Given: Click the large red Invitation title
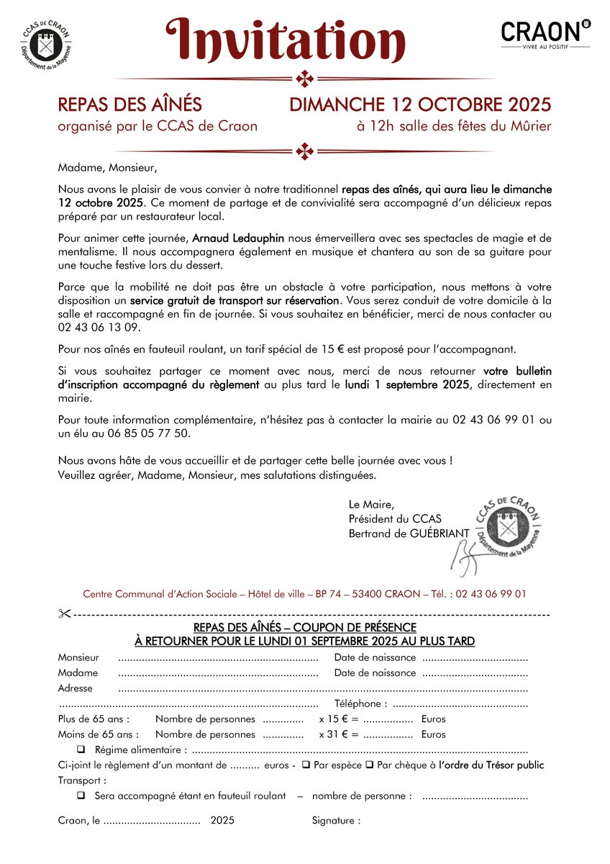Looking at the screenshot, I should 286,40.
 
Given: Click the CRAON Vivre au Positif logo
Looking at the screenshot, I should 545,33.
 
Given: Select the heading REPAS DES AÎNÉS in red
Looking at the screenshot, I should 129,104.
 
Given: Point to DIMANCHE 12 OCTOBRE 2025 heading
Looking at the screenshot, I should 420,104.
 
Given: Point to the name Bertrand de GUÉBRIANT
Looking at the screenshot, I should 409,532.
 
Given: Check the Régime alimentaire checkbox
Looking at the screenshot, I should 81,750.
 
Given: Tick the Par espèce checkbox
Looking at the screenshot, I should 306,765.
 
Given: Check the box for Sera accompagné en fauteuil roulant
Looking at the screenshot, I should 81,796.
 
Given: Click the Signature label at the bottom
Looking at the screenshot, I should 336,820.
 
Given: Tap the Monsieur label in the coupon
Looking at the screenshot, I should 78,657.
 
